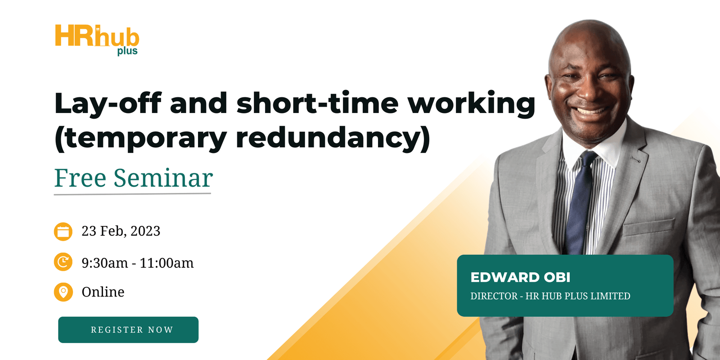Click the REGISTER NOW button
(128, 330)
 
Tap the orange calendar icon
(63, 232)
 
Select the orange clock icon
(63, 262)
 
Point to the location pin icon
(63, 292)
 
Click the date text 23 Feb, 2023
(121, 231)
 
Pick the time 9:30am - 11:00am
(137, 263)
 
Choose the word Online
(103, 292)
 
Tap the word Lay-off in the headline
(108, 103)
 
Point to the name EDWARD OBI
(520, 277)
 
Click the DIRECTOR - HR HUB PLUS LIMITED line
(550, 296)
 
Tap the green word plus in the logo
(127, 51)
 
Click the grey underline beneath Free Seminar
(132, 194)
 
